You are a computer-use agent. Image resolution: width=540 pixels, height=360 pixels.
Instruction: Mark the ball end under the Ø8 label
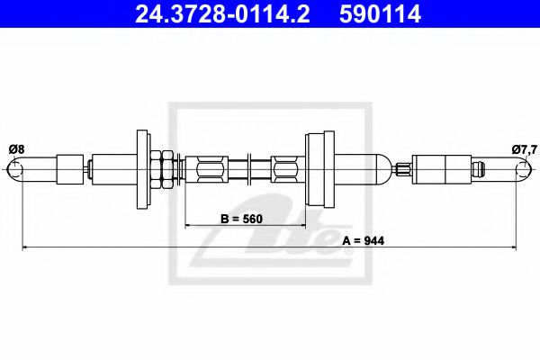tap(15, 167)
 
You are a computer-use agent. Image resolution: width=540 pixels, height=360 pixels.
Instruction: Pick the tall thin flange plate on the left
tap(141, 167)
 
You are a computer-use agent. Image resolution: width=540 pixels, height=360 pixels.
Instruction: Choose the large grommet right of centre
tap(320, 167)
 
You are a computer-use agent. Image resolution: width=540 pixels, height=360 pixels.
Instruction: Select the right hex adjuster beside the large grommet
tap(284, 167)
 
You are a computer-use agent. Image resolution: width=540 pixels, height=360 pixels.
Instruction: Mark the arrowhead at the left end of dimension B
tap(188, 223)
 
